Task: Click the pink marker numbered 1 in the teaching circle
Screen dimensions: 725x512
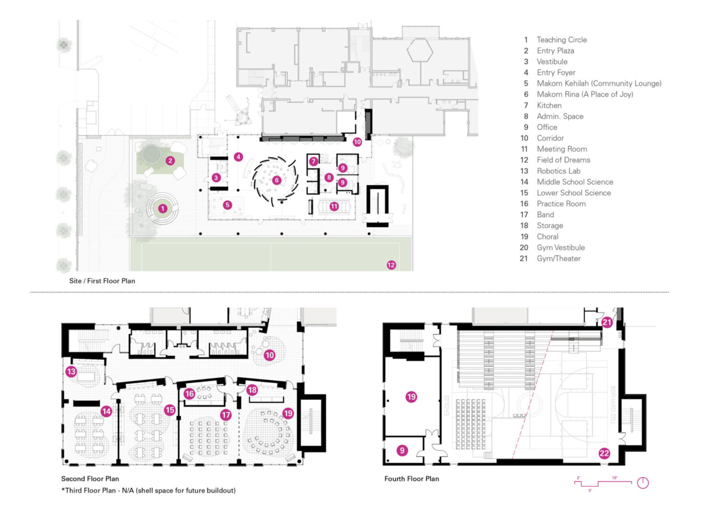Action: tap(163, 209)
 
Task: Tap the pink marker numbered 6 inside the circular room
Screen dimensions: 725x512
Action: tap(277, 180)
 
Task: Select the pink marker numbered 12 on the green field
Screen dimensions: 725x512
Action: tap(391, 265)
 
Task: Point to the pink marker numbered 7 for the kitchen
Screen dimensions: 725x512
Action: tap(313, 162)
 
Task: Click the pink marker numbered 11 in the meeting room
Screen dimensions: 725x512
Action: tap(334, 206)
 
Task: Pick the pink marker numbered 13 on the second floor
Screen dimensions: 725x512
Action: tap(71, 371)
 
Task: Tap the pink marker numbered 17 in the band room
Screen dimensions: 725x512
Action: tap(226, 415)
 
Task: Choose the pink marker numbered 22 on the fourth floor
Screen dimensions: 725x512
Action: tap(604, 453)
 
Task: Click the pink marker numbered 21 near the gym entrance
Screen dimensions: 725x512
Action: tap(607, 322)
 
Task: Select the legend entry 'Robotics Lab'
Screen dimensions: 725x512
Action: tap(558, 171)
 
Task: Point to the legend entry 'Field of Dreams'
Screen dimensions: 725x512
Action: tap(563, 160)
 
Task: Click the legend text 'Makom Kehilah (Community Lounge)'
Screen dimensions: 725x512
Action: tap(599, 84)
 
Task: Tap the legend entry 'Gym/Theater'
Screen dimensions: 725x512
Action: tap(558, 258)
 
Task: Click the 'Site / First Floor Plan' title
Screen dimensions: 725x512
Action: tap(102, 281)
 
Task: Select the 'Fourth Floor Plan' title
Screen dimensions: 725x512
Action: tap(411, 479)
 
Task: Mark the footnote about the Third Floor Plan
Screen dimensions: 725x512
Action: tap(148, 490)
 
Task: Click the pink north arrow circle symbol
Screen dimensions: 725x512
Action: tap(643, 483)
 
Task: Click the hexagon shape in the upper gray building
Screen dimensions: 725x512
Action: tap(420, 51)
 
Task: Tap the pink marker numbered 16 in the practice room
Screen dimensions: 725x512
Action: tap(190, 393)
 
